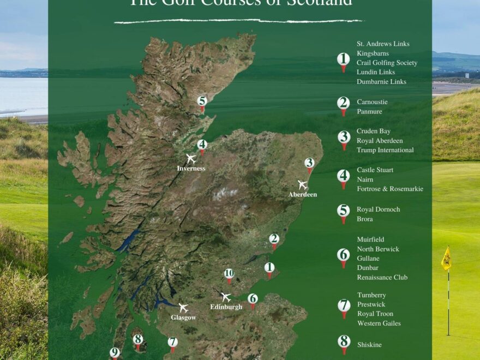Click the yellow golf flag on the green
tap(446, 259)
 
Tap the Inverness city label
tap(191, 169)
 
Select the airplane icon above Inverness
tap(191, 159)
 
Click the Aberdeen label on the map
tap(303, 194)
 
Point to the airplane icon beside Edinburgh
tap(226, 297)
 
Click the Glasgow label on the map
tap(183, 317)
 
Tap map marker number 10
tap(229, 274)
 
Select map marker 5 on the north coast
tap(202, 101)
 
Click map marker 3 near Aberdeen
tap(309, 163)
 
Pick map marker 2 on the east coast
tap(274, 239)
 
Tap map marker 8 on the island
tap(137, 340)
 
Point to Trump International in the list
tap(385, 150)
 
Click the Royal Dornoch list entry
tap(378, 209)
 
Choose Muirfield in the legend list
tap(370, 239)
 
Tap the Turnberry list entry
tap(371, 295)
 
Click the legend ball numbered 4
tap(344, 176)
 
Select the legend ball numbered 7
tap(344, 305)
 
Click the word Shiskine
tap(369, 345)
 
